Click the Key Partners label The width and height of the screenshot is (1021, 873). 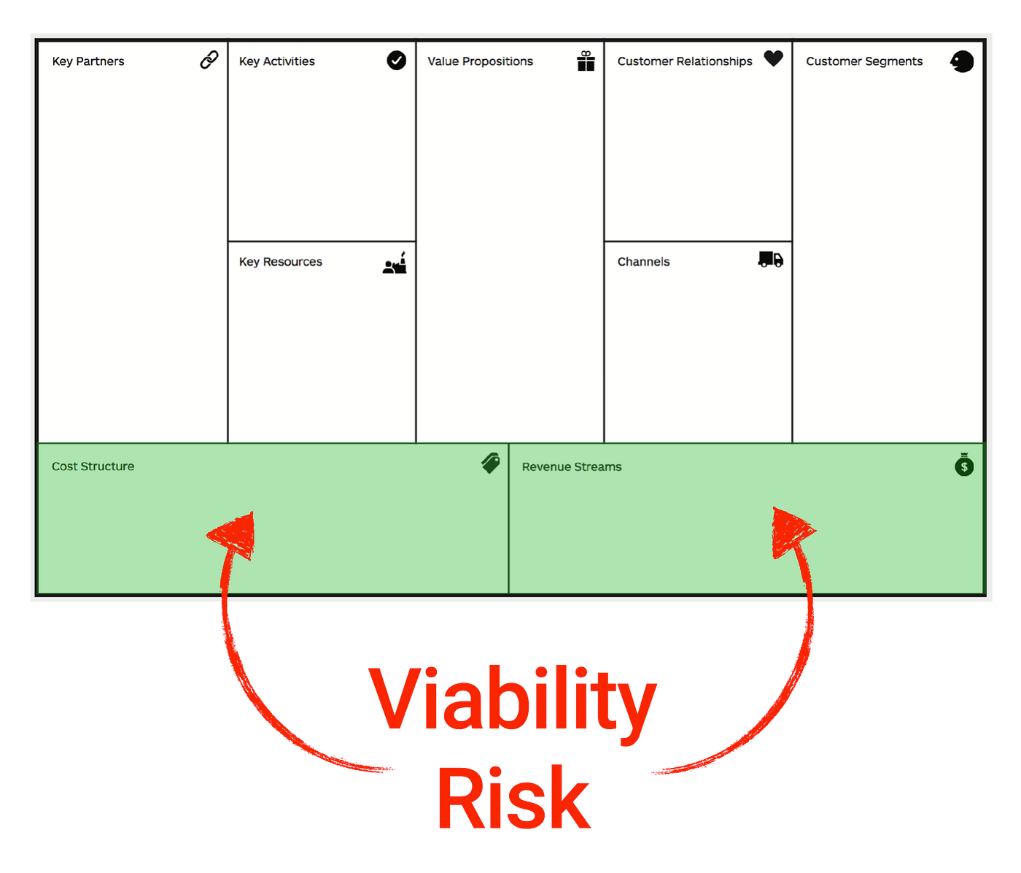coord(88,61)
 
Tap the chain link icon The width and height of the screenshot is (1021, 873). coord(209,60)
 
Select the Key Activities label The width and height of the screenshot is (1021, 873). coord(277,61)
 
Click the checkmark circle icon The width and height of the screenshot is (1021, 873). coord(397,60)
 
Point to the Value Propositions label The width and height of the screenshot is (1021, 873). coord(480,61)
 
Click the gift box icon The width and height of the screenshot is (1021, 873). coord(586,61)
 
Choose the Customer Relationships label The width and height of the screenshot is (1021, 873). coord(685,61)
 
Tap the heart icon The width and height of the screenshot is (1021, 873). coord(774,58)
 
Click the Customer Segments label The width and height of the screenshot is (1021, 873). coord(864,61)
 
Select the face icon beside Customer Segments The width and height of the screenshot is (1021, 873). coord(963,61)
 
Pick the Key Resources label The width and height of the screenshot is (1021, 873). coord(281,262)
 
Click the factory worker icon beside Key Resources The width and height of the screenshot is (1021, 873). coord(395,264)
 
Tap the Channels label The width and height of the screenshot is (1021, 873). coord(643,262)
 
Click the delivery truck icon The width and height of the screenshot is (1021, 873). coord(771,259)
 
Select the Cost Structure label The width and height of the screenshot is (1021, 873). coord(93,466)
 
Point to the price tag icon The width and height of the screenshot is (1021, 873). coord(491,463)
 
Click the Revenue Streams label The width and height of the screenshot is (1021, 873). coord(572,467)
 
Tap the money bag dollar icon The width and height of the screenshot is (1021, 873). coord(964,464)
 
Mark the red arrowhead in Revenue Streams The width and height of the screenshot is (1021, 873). coord(790,531)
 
